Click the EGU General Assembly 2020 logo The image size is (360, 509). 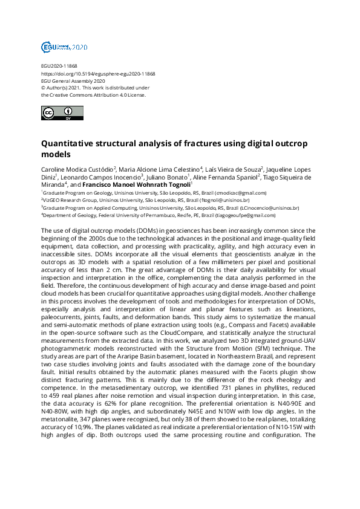[64, 47]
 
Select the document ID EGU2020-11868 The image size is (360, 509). [59, 66]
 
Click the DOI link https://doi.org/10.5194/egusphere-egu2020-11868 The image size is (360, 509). [98, 74]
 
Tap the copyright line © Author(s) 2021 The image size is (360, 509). [67, 88]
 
